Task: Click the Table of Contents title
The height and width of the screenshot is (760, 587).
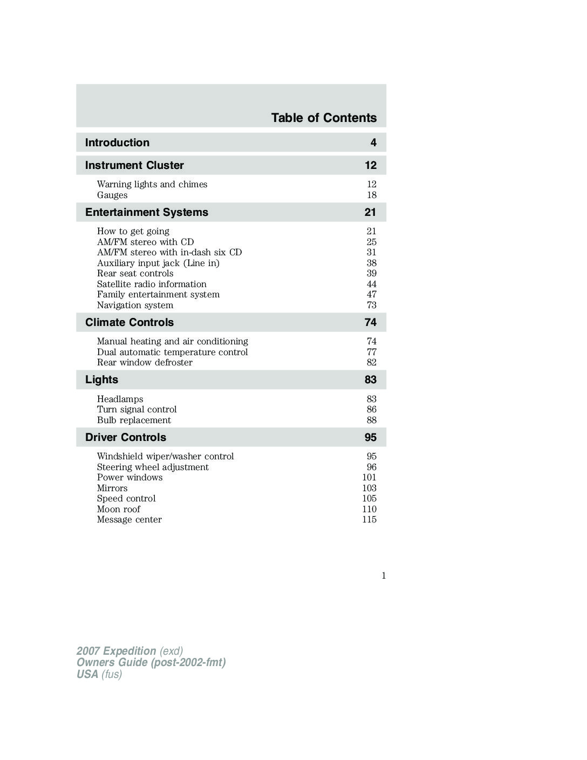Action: pos(324,118)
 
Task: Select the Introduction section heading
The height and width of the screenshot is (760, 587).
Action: pos(117,142)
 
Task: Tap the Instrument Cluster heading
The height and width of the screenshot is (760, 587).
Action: pos(134,165)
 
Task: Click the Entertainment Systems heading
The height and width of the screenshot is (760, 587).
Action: pos(146,212)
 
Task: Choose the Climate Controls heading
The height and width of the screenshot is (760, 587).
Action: pos(129,322)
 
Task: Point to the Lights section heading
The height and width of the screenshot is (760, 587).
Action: pos(101,379)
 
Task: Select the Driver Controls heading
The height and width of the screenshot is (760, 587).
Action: pos(126,437)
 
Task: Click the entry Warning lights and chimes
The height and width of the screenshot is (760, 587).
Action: pos(152,184)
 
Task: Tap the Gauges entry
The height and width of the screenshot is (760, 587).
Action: pos(112,195)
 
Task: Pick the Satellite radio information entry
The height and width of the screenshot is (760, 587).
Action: pos(152,284)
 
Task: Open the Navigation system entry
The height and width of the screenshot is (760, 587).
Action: pos(135,305)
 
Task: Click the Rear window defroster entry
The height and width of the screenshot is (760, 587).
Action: pos(145,362)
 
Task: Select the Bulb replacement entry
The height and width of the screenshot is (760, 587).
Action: pos(134,420)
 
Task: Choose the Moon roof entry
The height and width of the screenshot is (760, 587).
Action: pos(118,509)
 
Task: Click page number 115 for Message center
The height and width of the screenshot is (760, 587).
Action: pos(369,519)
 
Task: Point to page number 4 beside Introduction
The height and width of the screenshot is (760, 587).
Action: pos(373,142)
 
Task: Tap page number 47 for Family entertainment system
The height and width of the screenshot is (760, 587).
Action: pos(371,294)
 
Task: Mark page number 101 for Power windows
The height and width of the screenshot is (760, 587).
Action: pos(369,477)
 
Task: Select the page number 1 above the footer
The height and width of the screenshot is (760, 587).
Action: pos(384,575)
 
